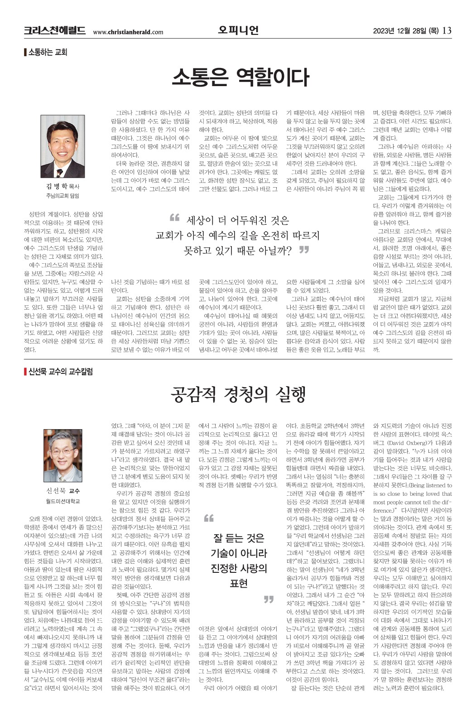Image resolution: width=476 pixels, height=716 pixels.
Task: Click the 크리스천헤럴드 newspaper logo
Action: (54, 31)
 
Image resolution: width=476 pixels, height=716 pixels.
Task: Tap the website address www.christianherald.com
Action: (128, 32)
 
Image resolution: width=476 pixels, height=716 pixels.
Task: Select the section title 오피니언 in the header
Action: (238, 30)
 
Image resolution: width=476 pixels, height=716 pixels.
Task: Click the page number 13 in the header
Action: (447, 31)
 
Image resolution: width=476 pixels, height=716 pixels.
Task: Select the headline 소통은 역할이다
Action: (240, 77)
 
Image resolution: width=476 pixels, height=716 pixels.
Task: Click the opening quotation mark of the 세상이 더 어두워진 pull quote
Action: (174, 218)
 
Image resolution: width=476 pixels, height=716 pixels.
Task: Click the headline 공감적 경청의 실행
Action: (238, 394)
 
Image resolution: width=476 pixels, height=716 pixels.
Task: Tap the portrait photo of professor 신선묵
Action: (63, 455)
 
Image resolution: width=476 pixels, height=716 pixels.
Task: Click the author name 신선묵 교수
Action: (63, 491)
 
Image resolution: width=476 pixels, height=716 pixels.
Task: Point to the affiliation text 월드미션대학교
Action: (63, 501)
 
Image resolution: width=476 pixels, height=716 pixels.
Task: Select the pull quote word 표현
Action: (238, 583)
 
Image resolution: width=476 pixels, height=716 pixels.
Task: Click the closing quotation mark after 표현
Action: (269, 599)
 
